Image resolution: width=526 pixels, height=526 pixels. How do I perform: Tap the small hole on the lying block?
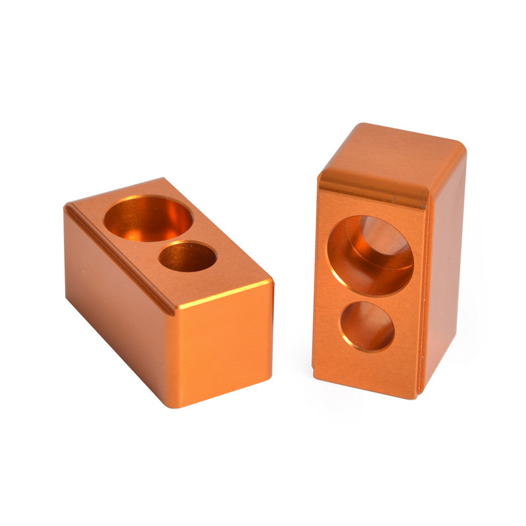[188, 256]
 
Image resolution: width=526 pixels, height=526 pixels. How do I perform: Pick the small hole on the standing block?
[367, 326]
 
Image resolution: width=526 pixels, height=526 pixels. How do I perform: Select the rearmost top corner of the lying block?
[162, 178]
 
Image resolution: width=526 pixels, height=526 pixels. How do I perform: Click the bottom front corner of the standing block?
[417, 396]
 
